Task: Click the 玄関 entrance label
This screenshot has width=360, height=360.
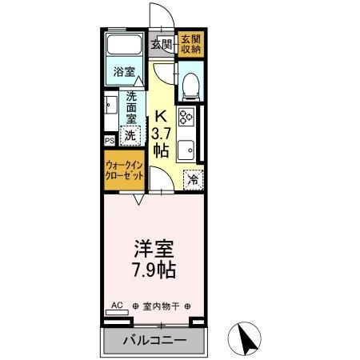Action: click(162, 45)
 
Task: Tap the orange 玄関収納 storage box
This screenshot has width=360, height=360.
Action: click(190, 45)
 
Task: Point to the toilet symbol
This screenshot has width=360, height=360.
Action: click(190, 85)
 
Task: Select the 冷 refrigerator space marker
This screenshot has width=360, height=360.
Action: click(193, 180)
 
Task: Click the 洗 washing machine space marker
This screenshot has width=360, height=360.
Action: click(129, 135)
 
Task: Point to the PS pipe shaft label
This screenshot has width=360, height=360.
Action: click(110, 141)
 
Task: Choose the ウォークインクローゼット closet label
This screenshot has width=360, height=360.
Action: click(124, 170)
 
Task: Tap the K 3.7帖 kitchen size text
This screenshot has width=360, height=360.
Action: click(162, 133)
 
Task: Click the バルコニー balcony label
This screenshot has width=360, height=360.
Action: click(154, 341)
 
